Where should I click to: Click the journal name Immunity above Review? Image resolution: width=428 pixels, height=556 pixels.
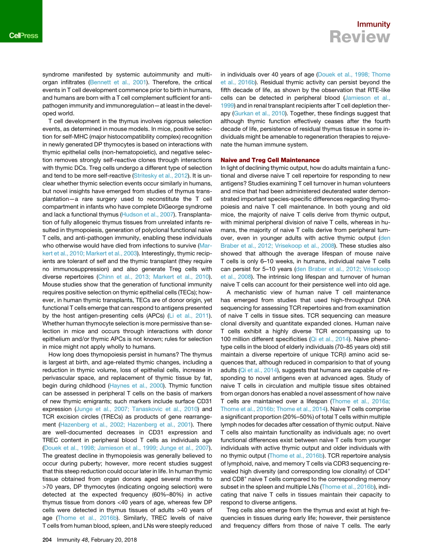pyautogui.click(x=373, y=24)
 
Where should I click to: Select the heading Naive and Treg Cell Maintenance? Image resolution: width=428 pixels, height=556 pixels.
pyautogui.click(x=270, y=160)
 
